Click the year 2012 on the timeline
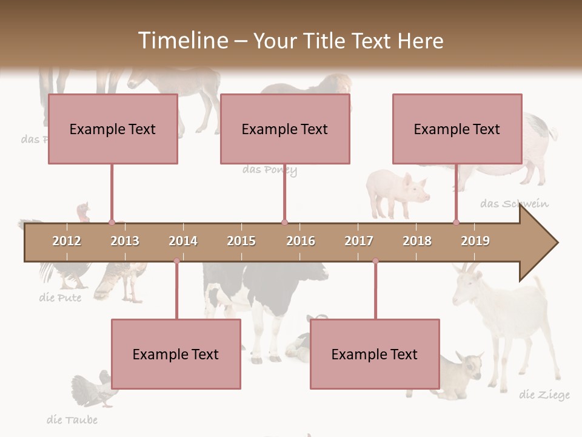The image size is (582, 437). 67,241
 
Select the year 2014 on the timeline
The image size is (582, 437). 183,241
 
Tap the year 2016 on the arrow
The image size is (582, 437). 301,241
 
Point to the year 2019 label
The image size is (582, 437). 475,241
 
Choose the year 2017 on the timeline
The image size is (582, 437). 359,241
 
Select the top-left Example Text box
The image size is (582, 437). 113,129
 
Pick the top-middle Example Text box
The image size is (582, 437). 285,129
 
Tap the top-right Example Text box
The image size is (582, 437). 457,129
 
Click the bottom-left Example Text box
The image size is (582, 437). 176,354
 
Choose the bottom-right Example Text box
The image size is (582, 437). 375,354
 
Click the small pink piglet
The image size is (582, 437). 398,193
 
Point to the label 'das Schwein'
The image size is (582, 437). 514,203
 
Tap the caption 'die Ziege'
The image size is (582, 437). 544,396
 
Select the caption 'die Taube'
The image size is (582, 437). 72,419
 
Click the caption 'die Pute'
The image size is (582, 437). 60,297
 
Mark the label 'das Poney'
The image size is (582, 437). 270,170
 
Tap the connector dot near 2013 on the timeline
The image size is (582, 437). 112,222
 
